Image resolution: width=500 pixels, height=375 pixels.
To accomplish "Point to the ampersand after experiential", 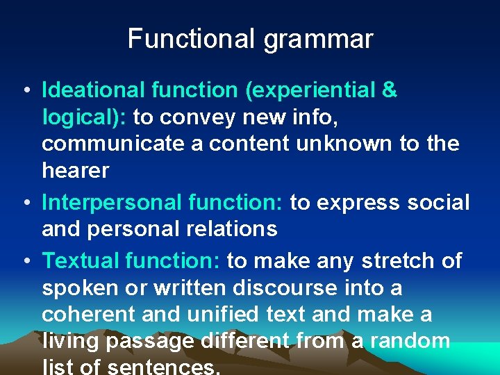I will (x=390, y=90).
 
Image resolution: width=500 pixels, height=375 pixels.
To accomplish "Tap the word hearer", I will (x=75, y=170).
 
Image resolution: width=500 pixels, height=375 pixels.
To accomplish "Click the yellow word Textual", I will (x=78, y=261).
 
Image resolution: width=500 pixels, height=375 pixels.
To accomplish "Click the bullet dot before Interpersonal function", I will (x=25, y=203).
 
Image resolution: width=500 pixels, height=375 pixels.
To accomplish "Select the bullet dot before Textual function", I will (x=25, y=261).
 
